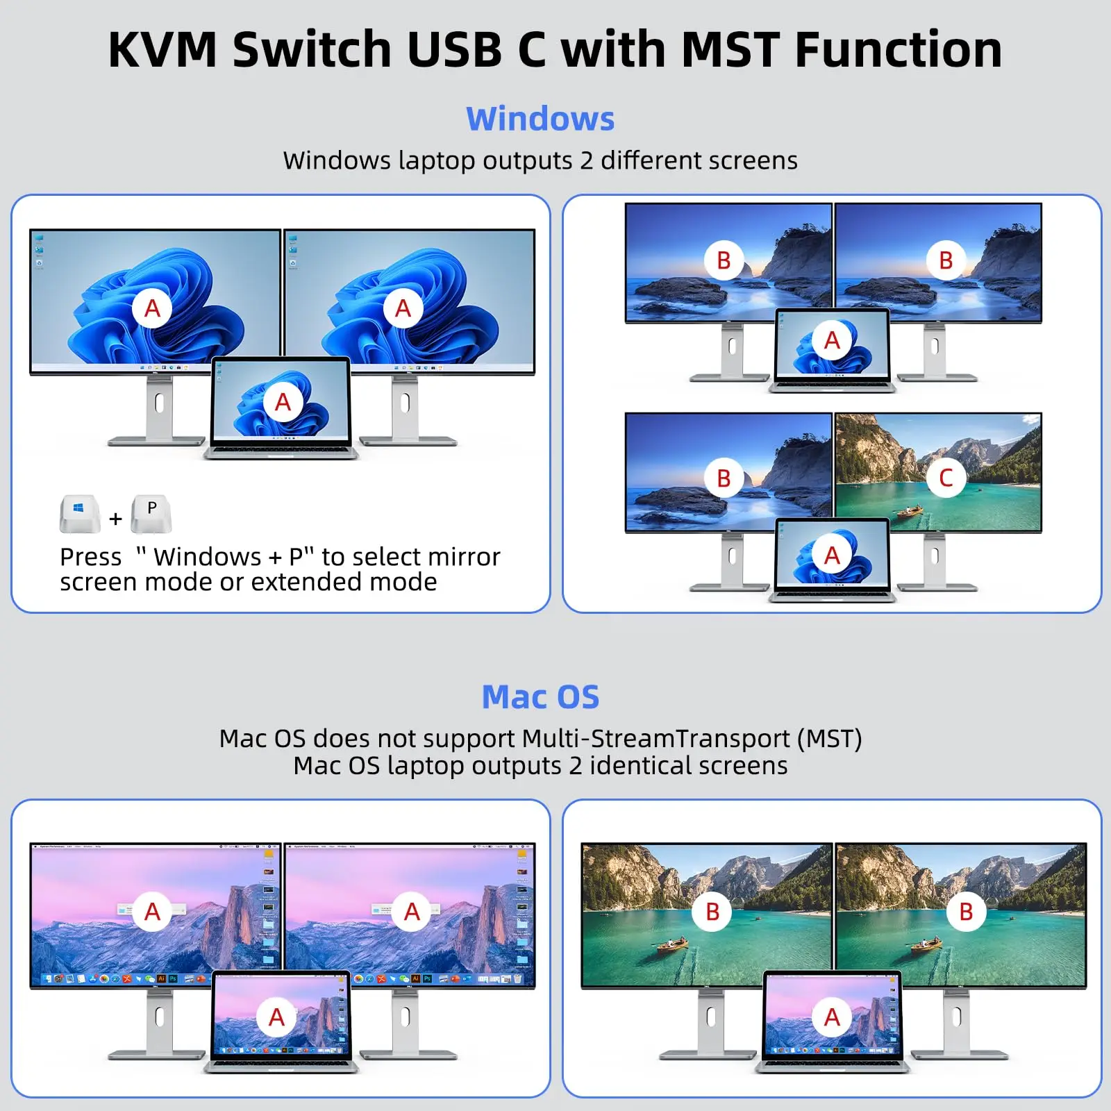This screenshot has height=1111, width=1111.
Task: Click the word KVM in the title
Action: click(x=162, y=50)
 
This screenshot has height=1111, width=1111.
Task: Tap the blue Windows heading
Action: click(x=540, y=119)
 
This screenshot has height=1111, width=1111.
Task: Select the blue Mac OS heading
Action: click(x=540, y=697)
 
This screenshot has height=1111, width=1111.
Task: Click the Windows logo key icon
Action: click(x=79, y=513)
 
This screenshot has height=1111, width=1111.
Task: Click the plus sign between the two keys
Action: click(x=115, y=519)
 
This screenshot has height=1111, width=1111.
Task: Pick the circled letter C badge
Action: click(x=945, y=478)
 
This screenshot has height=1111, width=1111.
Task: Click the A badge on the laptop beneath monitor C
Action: click(x=832, y=555)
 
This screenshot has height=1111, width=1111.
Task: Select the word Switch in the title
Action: click(x=312, y=50)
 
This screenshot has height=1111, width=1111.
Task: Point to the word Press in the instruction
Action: click(x=90, y=557)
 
